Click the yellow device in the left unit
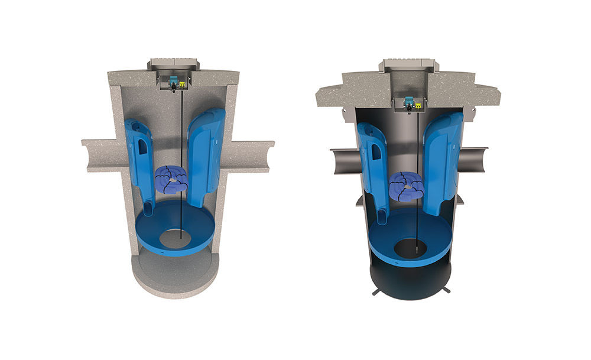tap(183, 85)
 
